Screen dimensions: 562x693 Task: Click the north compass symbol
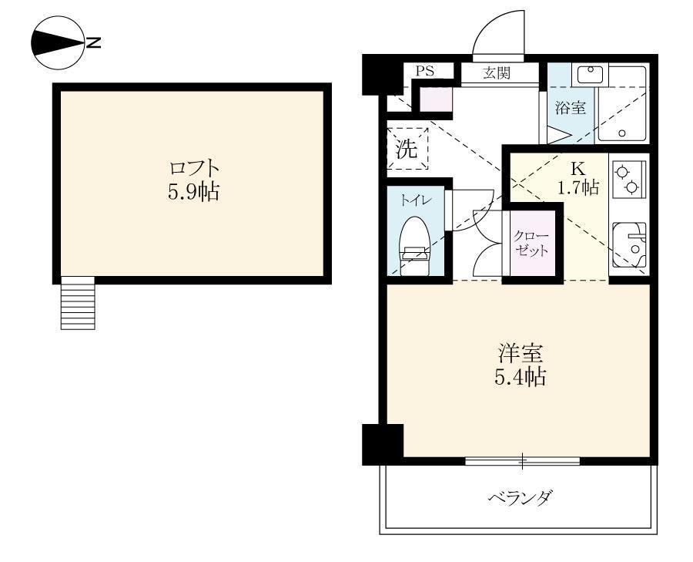pyautogui.click(x=60, y=42)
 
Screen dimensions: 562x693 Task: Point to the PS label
pyautogui.click(x=425, y=71)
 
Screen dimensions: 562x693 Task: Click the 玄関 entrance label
pyautogui.click(x=499, y=73)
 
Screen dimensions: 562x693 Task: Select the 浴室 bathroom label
pyautogui.click(x=570, y=108)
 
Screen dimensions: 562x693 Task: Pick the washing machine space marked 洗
pyautogui.click(x=406, y=148)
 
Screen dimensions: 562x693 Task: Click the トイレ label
pyautogui.click(x=415, y=200)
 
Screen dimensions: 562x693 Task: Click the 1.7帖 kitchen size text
pyautogui.click(x=578, y=187)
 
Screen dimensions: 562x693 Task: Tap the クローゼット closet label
pyautogui.click(x=532, y=243)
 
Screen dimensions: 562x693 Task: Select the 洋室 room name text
pyautogui.click(x=521, y=355)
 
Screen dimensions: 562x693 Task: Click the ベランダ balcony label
pyautogui.click(x=521, y=497)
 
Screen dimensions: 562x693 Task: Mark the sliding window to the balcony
pyautogui.click(x=522, y=461)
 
